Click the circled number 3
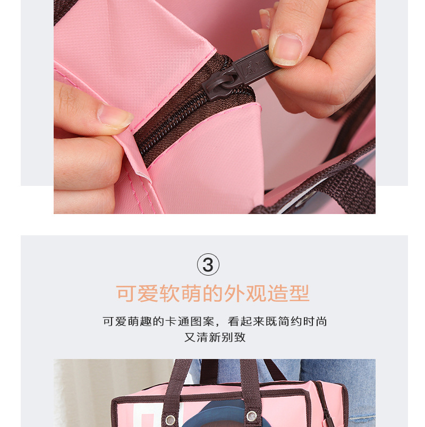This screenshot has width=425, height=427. click(208, 264)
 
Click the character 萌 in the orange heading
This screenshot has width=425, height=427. click(191, 293)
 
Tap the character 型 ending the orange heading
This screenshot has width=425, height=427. click(300, 293)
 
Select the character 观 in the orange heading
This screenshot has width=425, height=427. click(256, 293)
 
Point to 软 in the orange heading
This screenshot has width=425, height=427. click(169, 293)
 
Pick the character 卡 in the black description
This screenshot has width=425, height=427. click(171, 321)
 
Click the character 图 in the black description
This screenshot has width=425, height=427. click(196, 321)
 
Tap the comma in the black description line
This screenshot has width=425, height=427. click(217, 324)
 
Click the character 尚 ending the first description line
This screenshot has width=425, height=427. click(321, 321)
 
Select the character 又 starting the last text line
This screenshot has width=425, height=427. click(190, 337)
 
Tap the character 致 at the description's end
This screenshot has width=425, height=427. click(240, 337)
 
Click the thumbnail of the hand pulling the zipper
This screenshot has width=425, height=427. click(286, 49)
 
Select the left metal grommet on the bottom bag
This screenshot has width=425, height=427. click(171, 420)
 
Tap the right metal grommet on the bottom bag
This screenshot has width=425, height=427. click(251, 416)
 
